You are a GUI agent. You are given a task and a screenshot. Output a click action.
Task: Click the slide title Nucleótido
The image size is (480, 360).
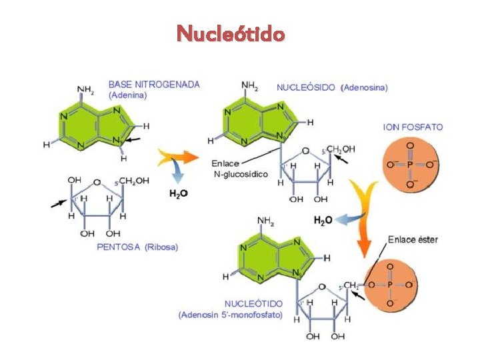[x=231, y=33]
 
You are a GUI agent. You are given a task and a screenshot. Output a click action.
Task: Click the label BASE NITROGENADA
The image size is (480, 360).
[x=154, y=85]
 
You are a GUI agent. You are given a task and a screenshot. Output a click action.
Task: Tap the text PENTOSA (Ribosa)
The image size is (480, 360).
[x=137, y=247]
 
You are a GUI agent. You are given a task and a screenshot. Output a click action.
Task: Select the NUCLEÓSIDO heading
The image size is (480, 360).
[x=306, y=87]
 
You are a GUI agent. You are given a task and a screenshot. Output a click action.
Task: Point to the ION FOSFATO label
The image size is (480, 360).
[x=413, y=127]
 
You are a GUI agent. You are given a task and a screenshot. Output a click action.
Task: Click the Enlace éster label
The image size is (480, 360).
[x=413, y=239]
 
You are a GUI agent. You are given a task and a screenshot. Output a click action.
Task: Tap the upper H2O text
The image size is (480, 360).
[x=178, y=194]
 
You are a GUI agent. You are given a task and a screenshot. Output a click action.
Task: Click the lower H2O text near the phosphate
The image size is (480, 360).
[x=323, y=220]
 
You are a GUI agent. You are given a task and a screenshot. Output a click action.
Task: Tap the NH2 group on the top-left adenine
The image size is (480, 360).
[x=85, y=89]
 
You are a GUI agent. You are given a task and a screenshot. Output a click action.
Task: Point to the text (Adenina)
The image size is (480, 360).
[x=127, y=95]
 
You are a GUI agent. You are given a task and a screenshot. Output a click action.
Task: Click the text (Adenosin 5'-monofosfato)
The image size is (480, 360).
[x=231, y=314]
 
